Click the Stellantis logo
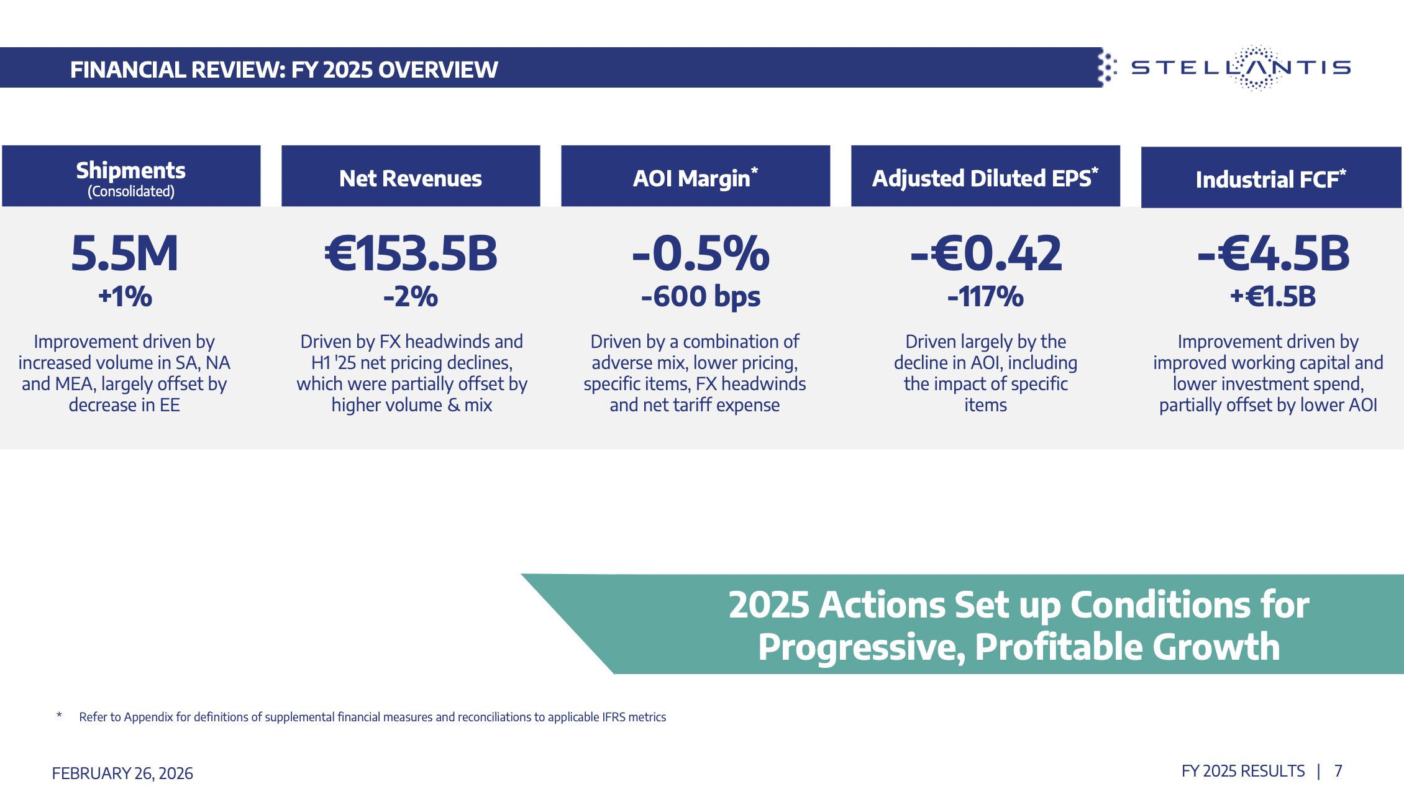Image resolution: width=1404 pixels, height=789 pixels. point(1240,68)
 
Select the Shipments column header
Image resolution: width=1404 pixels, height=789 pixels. point(131,176)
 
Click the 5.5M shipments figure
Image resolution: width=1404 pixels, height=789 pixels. point(125,253)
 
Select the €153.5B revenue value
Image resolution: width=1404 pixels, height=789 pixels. point(411,253)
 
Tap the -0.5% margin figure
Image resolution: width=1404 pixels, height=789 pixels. point(701,253)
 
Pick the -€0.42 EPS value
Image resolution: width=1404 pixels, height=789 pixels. point(986,253)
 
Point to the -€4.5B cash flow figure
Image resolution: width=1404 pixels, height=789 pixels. point(1273,253)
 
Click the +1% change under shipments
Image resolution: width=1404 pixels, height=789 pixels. point(125,296)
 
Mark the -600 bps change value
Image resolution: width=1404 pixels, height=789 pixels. point(701,297)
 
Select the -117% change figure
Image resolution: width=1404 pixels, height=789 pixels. point(985,297)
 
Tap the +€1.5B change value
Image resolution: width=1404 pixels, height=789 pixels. point(1273,297)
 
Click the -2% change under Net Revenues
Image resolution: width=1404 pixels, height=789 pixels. point(411,297)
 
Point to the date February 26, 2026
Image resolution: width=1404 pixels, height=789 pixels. point(122,773)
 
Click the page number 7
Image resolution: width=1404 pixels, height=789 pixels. point(1338,772)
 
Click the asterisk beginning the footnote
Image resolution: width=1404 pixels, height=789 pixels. point(59,716)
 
